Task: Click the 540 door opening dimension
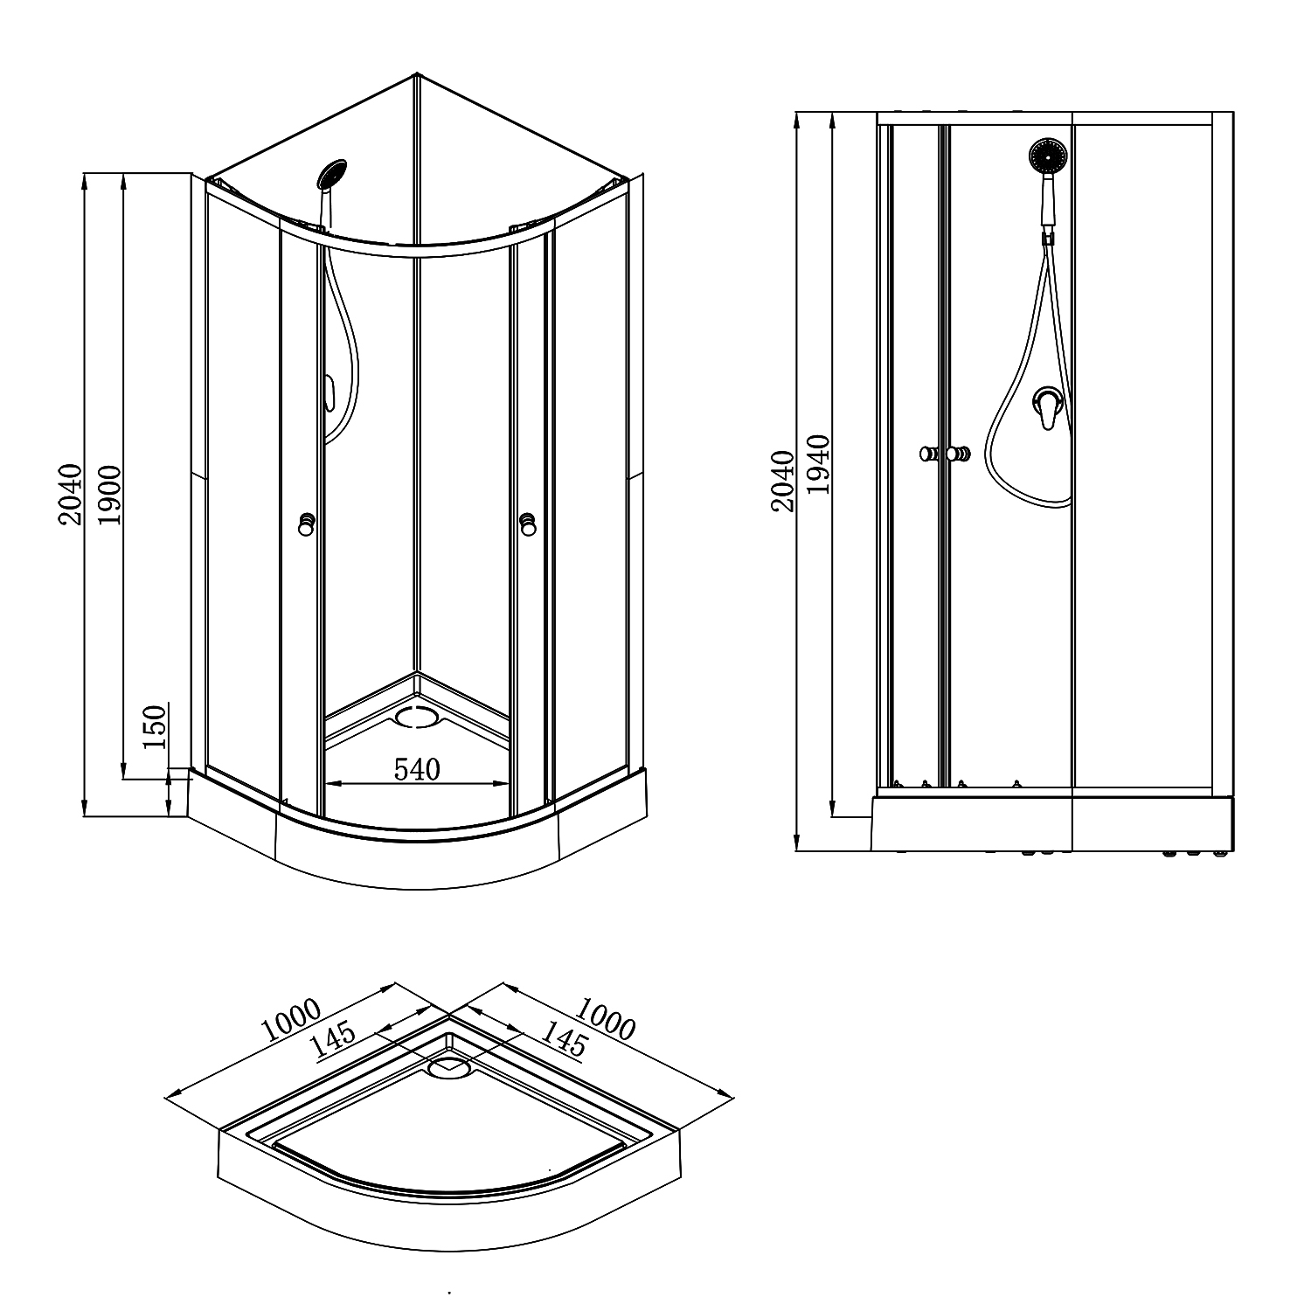coord(417,770)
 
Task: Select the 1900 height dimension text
coord(110,495)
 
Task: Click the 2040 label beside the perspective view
coord(70,495)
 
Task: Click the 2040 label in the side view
coord(782,481)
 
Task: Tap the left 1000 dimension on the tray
coord(292,1021)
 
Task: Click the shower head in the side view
coord(1048,156)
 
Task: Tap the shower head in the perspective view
coord(332,172)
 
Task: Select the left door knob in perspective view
coord(307,524)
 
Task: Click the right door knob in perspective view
coord(528,524)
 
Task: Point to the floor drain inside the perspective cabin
coord(417,717)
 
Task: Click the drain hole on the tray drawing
coord(450,1065)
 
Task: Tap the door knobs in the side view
coord(944,454)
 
